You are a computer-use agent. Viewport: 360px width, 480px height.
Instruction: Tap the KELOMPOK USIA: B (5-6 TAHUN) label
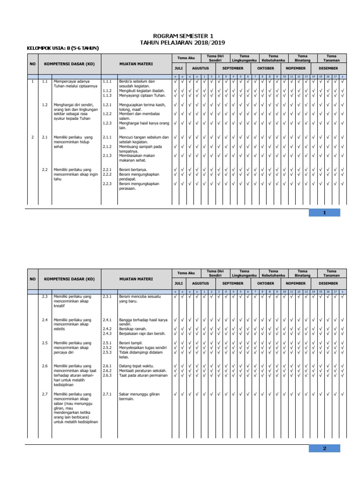coord(63,48)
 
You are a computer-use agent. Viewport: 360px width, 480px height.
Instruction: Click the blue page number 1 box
coord(324,213)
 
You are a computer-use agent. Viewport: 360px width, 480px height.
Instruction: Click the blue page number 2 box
coord(324,449)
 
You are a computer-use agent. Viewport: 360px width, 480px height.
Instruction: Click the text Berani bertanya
coord(133,170)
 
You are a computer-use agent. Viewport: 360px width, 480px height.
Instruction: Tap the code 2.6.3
coord(107,375)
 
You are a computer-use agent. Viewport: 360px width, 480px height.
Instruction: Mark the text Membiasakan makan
coord(136,156)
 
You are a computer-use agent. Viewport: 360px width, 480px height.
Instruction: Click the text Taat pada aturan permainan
coord(142,375)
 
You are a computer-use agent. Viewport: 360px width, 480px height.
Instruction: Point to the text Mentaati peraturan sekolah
coord(142,371)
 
